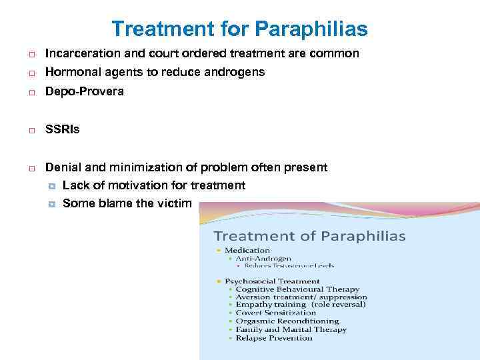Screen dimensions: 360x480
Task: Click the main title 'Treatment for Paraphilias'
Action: (x=239, y=29)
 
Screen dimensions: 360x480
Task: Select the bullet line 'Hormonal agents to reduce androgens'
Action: (x=155, y=72)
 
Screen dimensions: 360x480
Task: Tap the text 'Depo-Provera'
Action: (x=84, y=91)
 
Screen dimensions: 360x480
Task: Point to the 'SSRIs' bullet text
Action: (x=62, y=129)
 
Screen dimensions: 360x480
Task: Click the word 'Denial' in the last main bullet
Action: (x=61, y=167)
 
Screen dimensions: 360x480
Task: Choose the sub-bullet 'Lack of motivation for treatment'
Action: (x=153, y=185)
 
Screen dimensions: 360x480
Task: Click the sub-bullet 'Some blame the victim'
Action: (x=127, y=203)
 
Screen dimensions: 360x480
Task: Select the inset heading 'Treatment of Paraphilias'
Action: (x=309, y=236)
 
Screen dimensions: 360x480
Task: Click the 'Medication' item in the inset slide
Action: (x=247, y=251)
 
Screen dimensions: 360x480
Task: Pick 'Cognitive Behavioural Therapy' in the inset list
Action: (x=297, y=289)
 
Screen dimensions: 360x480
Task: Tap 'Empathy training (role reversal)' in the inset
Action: (x=301, y=305)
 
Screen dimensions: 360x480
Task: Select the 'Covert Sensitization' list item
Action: (x=276, y=313)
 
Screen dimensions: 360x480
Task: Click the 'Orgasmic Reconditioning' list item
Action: (x=287, y=321)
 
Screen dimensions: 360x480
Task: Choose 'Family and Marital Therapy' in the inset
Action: (x=291, y=329)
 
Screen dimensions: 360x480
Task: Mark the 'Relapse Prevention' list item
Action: (x=274, y=338)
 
